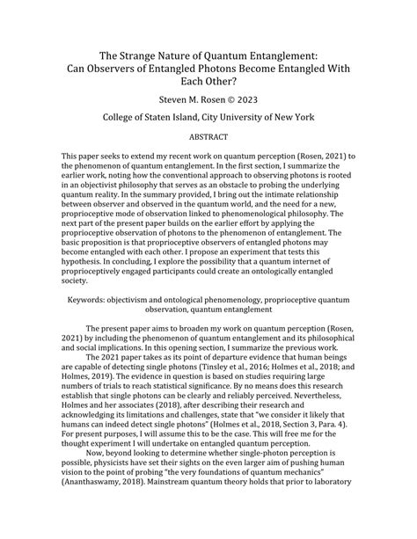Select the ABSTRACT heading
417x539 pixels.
tap(208, 139)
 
